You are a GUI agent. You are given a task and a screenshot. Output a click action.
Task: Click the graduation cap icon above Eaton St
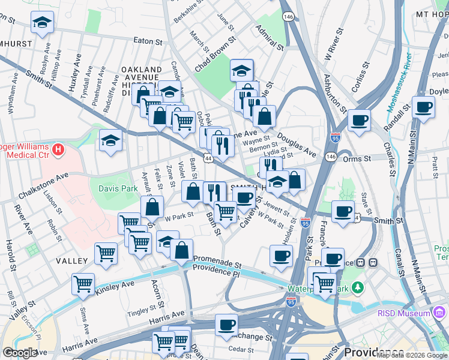41,23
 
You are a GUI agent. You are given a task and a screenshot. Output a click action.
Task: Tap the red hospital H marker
58,149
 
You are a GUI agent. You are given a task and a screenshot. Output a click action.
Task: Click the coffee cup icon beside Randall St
424,108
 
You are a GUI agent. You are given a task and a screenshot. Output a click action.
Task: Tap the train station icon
372,262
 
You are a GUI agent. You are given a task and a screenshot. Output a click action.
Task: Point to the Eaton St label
148,42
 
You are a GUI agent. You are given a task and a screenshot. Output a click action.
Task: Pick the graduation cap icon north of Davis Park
110,142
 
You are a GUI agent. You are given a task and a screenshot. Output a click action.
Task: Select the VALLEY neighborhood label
72,261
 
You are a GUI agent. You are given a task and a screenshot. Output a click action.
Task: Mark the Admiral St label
269,35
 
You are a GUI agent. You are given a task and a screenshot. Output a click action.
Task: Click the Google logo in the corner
20,353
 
